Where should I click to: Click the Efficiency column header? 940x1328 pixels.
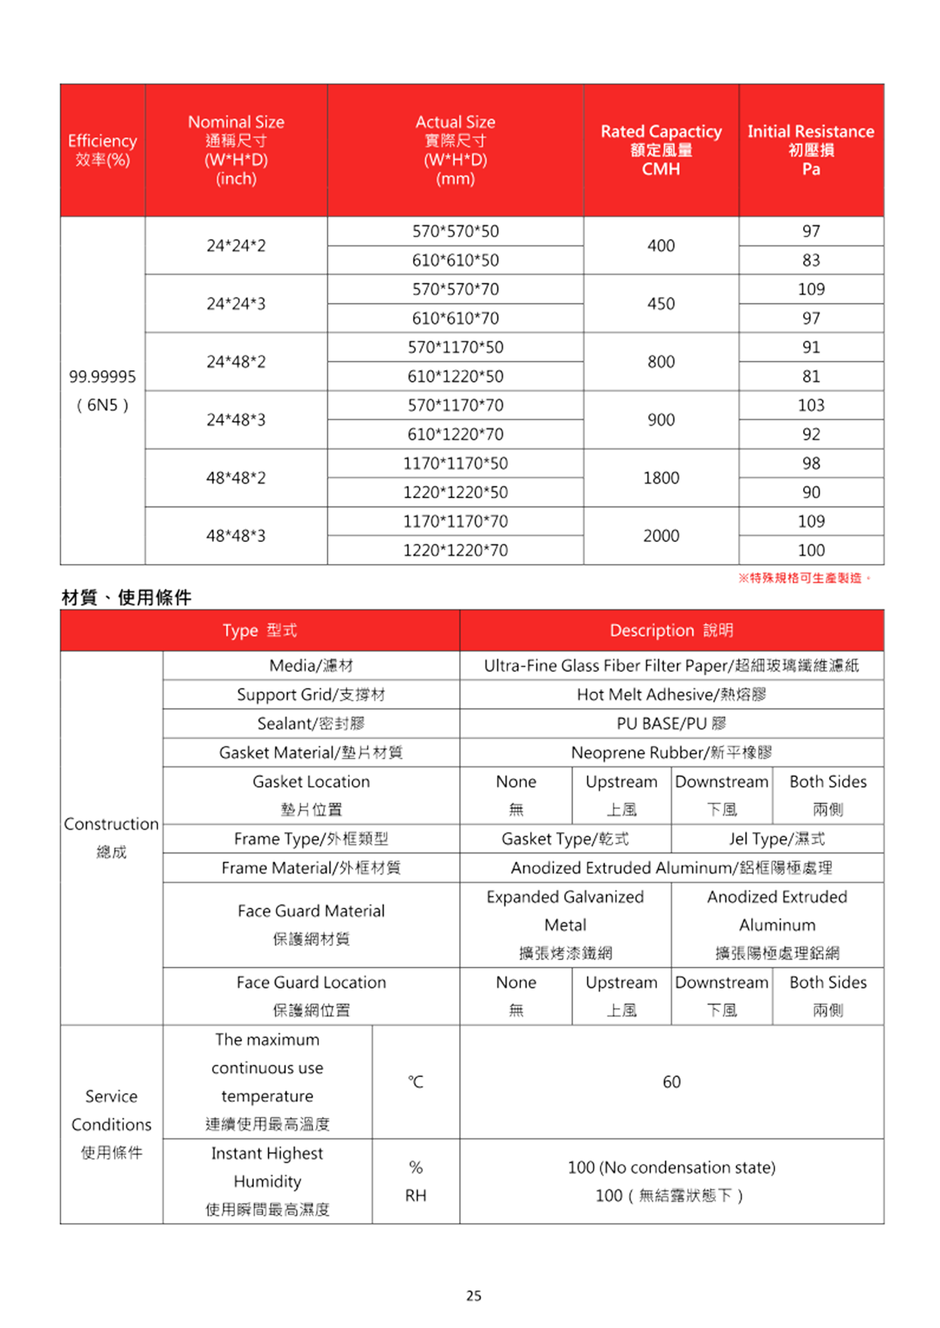tap(102, 150)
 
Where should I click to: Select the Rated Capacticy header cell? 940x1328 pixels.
tap(661, 150)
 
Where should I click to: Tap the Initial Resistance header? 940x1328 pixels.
tap(811, 150)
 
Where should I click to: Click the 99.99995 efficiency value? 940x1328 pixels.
tap(102, 376)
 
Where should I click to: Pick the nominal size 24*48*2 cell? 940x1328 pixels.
tap(236, 362)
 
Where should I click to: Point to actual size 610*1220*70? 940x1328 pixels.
tap(455, 435)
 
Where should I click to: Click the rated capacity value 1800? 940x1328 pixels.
tap(661, 478)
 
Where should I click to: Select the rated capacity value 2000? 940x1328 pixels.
tap(661, 536)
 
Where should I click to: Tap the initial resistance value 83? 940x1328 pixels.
tap(811, 261)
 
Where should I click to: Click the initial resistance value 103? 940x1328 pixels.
tap(811, 406)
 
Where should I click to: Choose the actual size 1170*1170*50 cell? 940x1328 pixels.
tap(455, 463)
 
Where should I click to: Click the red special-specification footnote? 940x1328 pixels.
tap(804, 578)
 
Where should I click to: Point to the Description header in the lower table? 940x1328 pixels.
tap(671, 630)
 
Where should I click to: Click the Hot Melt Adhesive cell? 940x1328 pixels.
tap(671, 695)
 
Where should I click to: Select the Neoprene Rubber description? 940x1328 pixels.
tap(671, 753)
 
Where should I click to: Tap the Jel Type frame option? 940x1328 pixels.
tap(777, 839)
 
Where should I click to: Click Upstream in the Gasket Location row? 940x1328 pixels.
tap(621, 782)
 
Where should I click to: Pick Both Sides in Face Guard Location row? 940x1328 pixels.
tap(828, 983)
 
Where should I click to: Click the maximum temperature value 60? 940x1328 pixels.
tap(671, 1082)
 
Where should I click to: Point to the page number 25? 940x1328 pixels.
tap(473, 1296)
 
